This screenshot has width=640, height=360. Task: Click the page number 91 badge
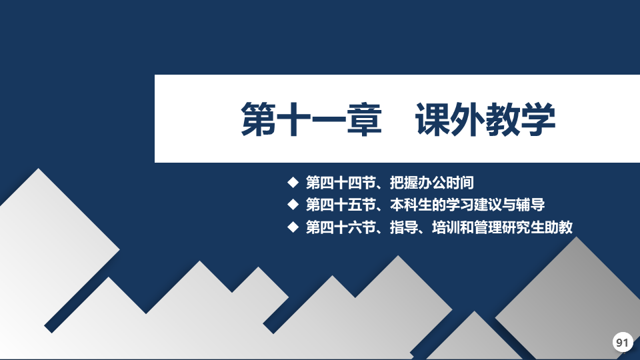coord(623,342)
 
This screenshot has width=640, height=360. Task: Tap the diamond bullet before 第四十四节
coord(293,182)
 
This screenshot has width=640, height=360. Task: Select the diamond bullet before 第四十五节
coord(293,204)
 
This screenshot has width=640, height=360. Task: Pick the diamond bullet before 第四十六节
coord(293,227)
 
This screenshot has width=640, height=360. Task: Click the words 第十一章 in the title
coord(311,119)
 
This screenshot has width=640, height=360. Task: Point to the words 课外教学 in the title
coord(485,119)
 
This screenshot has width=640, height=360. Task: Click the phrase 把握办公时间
coord(432,183)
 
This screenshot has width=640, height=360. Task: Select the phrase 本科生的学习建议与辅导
coord(467,205)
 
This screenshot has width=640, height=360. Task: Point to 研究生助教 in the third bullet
coord(538,227)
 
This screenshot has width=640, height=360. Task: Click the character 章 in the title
coord(365,119)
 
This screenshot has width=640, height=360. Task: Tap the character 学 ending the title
coord(539,119)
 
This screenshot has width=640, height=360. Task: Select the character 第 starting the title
coord(259,119)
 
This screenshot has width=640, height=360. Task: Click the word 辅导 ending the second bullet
coord(531,205)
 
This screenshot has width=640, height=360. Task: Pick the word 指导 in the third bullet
coord(404,227)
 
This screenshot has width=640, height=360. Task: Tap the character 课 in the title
coord(433,119)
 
